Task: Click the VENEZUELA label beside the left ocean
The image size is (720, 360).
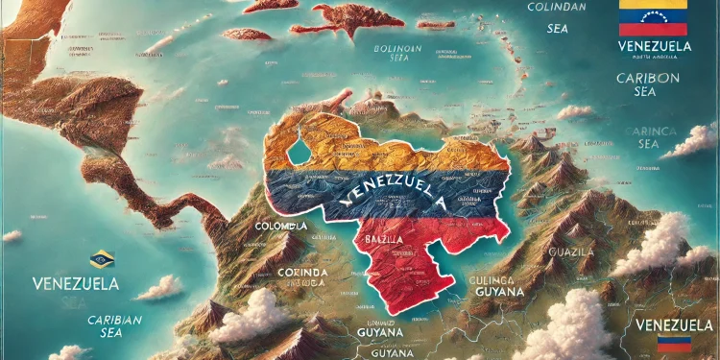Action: click(75, 284)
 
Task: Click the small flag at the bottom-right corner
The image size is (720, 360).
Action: click(675, 344)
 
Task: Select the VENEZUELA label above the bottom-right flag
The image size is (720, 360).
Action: click(675, 324)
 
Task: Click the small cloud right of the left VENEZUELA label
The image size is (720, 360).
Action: click(158, 287)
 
